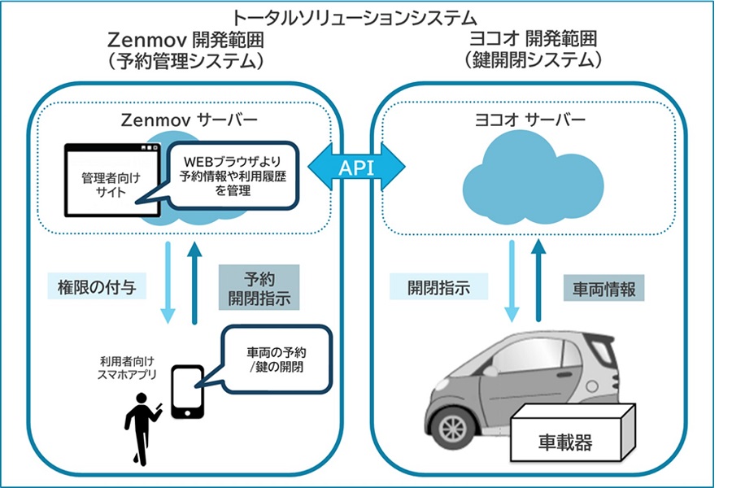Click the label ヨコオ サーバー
point(532,120)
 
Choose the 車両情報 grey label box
point(603,287)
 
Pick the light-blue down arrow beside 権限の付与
point(168,281)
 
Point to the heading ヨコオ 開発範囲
point(533,39)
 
